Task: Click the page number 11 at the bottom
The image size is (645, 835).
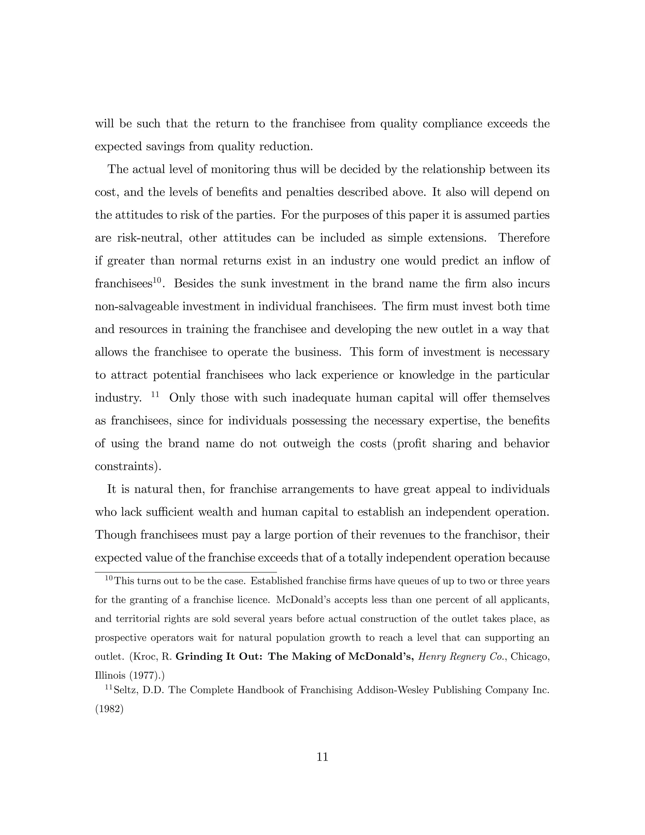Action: (x=322, y=757)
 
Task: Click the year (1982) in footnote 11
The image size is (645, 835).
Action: (x=109, y=709)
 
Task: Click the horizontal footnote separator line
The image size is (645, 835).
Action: (x=186, y=572)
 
